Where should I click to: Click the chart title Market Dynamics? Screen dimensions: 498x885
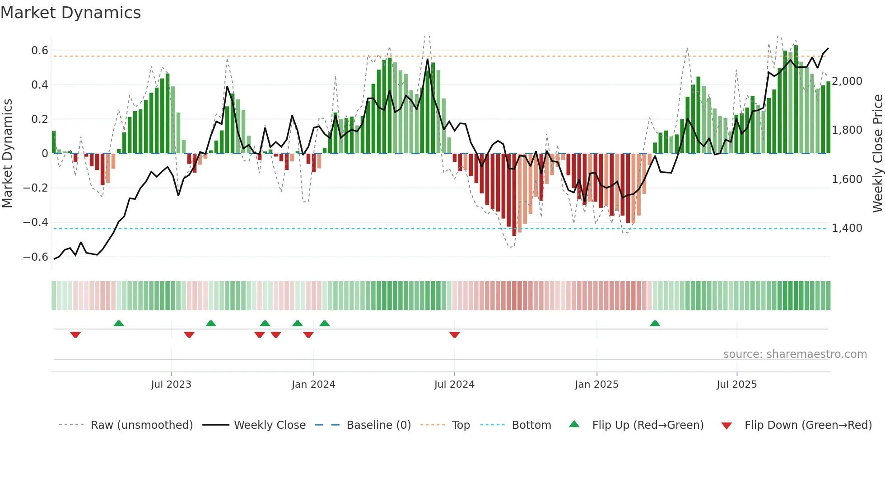coord(71,13)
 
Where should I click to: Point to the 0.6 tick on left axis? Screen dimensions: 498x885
coord(40,51)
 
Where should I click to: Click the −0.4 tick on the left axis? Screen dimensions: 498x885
coord(36,222)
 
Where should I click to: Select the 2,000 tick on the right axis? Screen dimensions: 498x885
coord(847,81)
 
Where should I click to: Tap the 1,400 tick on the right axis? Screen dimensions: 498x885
coord(847,228)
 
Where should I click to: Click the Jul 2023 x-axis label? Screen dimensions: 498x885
coord(171,385)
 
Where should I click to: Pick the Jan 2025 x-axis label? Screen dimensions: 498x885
coord(596,385)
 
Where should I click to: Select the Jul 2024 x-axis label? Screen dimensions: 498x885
coord(454,385)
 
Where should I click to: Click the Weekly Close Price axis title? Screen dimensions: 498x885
coord(877,154)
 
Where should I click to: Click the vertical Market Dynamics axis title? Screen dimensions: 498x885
coord(7,154)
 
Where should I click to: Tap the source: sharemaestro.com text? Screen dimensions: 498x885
coord(795,354)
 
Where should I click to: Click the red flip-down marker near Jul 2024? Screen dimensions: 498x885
coord(455,335)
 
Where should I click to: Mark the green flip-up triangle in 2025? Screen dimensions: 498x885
coord(655,323)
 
